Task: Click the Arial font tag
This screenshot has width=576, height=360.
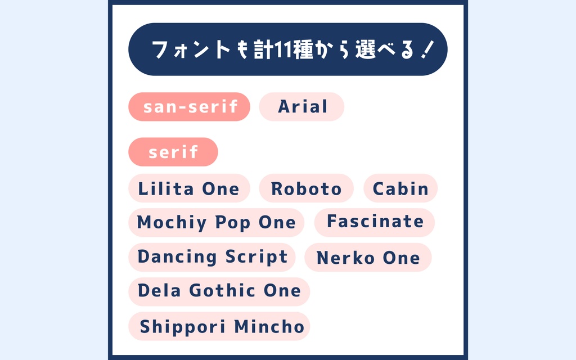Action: [301, 107]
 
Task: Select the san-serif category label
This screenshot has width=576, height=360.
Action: [189, 107]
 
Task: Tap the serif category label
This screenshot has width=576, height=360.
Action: [173, 152]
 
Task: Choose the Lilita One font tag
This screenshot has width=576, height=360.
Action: [188, 189]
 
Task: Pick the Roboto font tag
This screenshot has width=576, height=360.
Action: [306, 189]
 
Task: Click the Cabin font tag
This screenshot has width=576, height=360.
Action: [400, 189]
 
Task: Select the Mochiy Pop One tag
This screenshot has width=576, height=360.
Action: [216, 223]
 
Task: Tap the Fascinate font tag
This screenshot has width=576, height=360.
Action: [375, 222]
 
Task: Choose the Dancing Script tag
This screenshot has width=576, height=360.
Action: [212, 257]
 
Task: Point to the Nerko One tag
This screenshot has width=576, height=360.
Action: [368, 258]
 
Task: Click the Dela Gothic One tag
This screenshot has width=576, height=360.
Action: [219, 291]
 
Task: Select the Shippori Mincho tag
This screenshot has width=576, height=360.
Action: [222, 326]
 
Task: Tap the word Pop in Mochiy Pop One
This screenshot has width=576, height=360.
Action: [233, 223]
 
